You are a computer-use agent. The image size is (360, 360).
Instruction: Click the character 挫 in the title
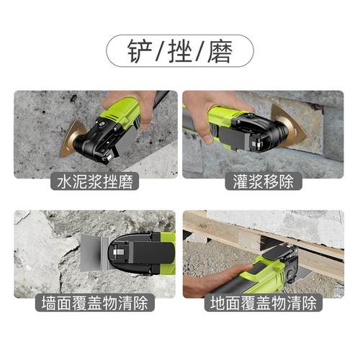click(x=180, y=51)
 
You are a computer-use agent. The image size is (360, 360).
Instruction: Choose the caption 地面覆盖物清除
click(x=263, y=302)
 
